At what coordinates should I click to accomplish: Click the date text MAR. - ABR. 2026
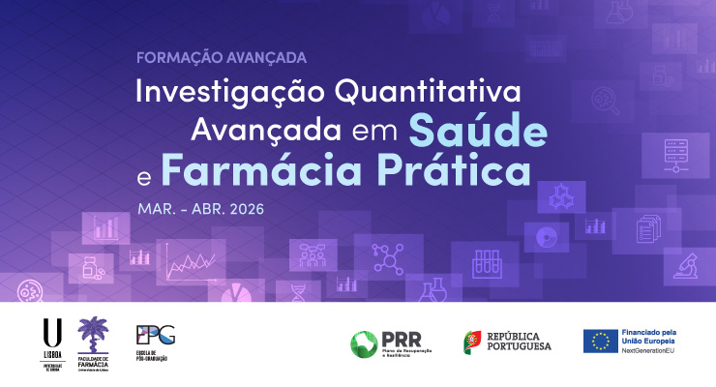tap(200, 207)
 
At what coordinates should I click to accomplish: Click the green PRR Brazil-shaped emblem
tap(365, 342)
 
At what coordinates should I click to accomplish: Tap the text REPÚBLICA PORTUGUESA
tap(519, 342)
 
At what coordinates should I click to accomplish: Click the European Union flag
tap(600, 341)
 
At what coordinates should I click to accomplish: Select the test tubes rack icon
tap(485, 262)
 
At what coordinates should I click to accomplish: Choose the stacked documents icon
tap(646, 229)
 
